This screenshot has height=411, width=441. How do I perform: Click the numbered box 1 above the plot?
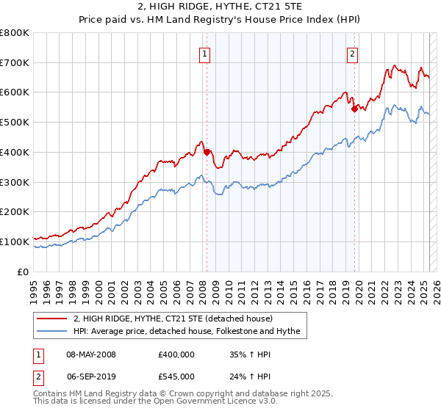point(203,53)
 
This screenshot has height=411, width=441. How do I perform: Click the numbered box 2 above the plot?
point(353,53)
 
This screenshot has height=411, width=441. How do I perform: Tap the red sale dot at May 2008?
point(207,152)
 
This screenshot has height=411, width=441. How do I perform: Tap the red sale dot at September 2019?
point(354,109)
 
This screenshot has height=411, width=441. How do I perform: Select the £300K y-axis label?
point(15,181)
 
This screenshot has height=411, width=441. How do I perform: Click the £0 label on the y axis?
point(24,271)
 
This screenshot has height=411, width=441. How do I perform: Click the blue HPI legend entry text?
point(187,332)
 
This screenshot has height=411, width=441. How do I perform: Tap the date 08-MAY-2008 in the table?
point(91,354)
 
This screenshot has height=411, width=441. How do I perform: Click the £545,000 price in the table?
point(176,376)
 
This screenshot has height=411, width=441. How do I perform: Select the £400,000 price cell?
point(176,354)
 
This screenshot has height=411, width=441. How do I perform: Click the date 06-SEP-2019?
point(91,376)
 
